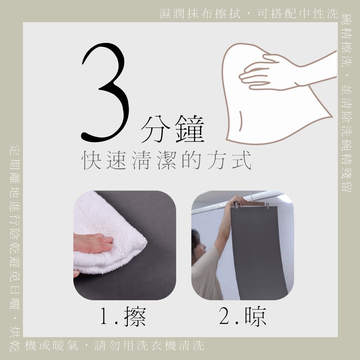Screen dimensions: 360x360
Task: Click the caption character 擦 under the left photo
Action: tap(135, 317)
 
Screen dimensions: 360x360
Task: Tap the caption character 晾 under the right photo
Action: tap(256, 316)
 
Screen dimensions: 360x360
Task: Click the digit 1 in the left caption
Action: tap(105, 316)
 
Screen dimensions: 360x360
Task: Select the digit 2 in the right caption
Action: tap(225, 316)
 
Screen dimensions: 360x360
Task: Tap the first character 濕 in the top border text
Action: tap(165, 14)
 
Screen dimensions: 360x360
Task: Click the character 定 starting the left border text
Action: tap(15, 150)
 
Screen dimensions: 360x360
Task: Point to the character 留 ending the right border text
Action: tap(346, 186)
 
